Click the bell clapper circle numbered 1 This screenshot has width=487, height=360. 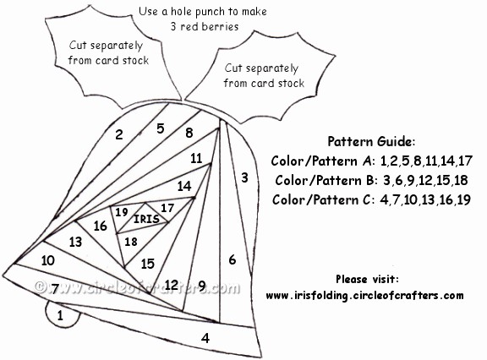(x=62, y=314)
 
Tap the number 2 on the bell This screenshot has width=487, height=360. (x=119, y=134)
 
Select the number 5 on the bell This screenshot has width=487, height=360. (x=161, y=128)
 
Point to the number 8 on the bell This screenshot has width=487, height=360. (x=189, y=133)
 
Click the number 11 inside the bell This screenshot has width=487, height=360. (x=196, y=159)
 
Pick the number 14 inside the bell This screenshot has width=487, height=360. (x=184, y=186)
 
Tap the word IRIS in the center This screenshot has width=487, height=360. (x=146, y=219)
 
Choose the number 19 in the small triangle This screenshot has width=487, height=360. (x=122, y=212)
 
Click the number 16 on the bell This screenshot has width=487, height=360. (x=101, y=226)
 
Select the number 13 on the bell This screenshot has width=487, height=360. (x=75, y=242)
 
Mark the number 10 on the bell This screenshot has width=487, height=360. (x=48, y=260)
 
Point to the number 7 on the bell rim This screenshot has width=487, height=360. (x=55, y=289)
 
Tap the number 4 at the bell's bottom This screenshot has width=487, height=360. (x=205, y=338)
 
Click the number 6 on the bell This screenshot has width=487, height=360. (x=233, y=259)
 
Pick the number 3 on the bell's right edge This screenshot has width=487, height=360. (x=244, y=177)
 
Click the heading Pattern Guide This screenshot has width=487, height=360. (x=371, y=141)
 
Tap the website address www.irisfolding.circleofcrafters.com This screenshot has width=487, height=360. (x=364, y=296)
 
